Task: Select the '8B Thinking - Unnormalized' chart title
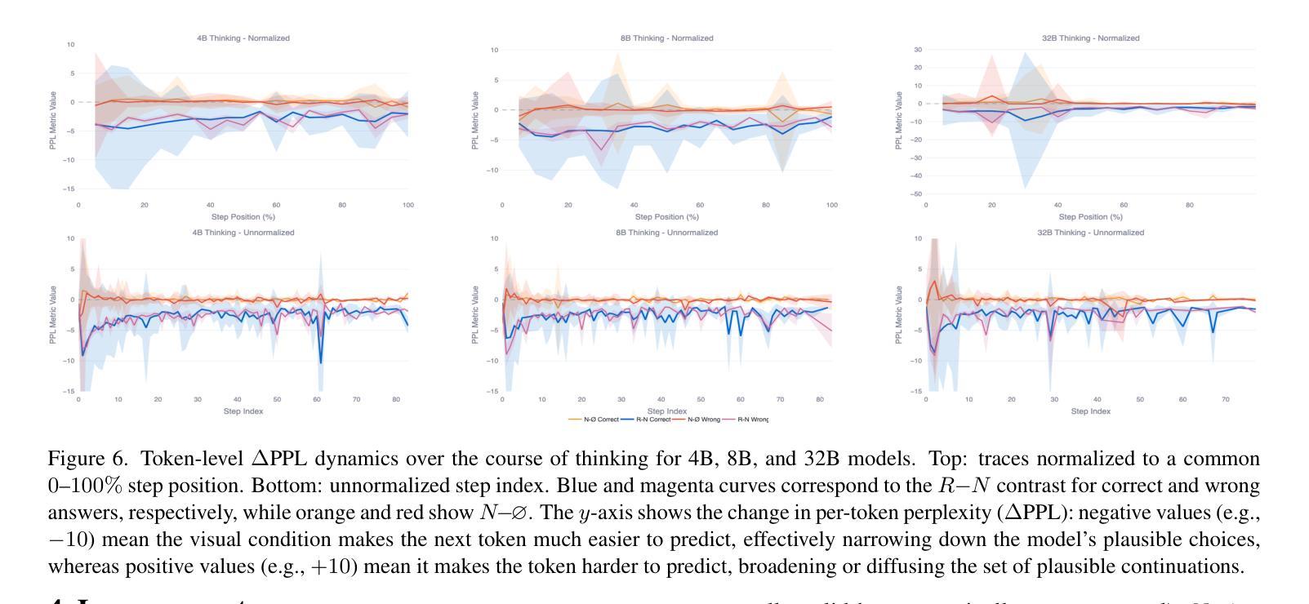666,233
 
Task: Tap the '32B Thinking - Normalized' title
1090,38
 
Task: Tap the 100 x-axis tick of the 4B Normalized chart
408,206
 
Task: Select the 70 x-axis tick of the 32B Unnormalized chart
1225,400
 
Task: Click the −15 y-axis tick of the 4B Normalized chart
70,189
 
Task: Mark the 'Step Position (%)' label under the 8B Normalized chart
666,217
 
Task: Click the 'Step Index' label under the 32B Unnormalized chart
1090,411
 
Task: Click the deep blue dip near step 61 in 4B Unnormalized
321,362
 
